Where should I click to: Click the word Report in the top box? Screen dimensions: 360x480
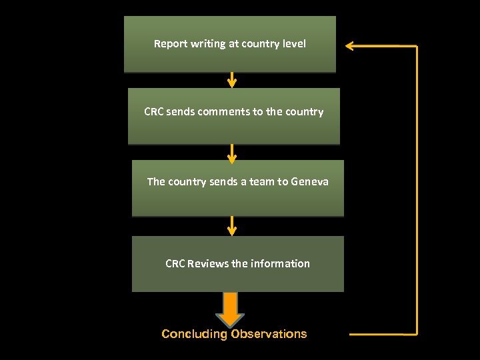click(x=171, y=44)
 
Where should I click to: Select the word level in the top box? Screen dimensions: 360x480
click(x=293, y=44)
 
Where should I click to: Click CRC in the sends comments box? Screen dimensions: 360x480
click(x=153, y=112)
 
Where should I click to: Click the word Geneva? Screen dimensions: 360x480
click(x=310, y=181)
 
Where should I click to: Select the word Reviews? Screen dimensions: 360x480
click(x=208, y=263)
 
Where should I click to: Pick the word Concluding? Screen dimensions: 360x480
click(x=194, y=334)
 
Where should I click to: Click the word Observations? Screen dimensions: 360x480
click(x=269, y=334)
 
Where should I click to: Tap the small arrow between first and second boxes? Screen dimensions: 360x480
click(x=231, y=79)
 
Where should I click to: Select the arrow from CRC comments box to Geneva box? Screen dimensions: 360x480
click(x=231, y=153)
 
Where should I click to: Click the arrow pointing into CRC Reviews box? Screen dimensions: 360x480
click(x=231, y=225)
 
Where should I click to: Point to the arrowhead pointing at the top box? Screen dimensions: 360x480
click(x=351, y=46)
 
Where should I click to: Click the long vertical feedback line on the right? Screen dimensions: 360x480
click(x=417, y=190)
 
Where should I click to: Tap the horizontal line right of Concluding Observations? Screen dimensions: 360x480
click(x=383, y=333)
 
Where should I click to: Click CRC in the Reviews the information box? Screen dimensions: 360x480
click(x=175, y=263)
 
